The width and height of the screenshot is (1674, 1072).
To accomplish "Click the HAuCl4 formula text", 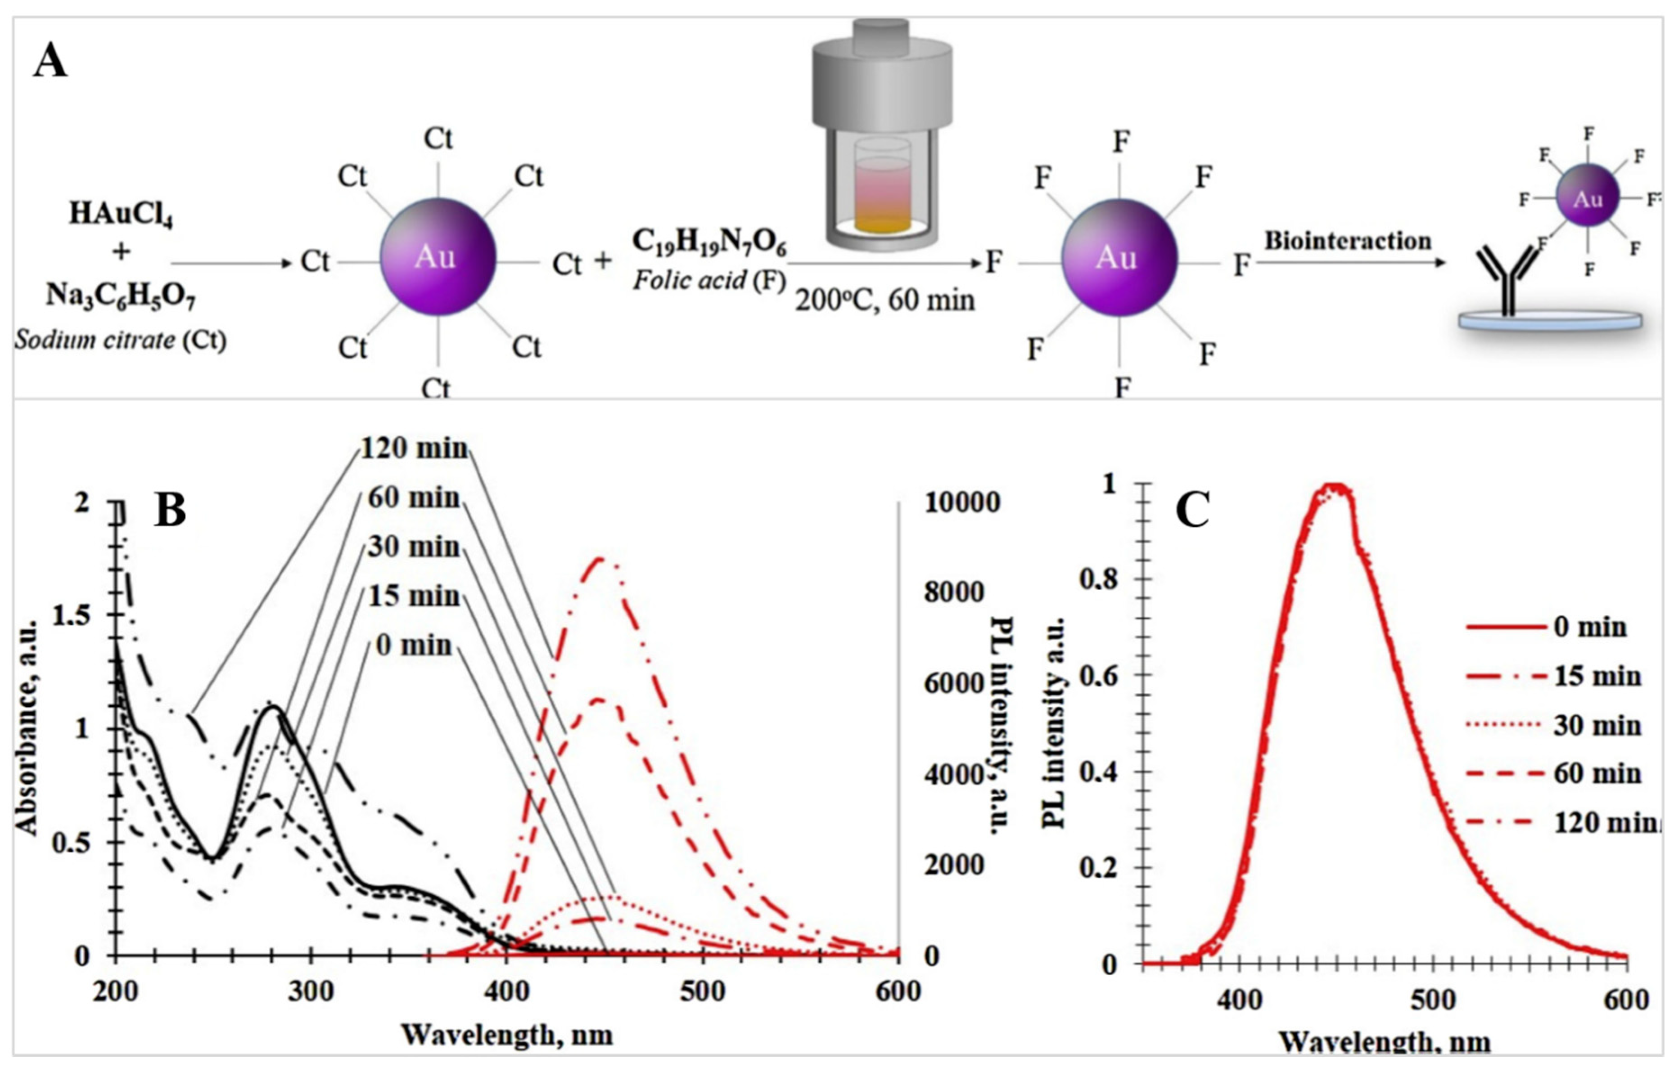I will coord(121,214).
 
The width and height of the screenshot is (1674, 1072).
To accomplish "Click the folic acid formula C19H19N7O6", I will coord(709,242).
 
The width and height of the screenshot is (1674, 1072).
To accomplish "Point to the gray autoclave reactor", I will coord(882,132).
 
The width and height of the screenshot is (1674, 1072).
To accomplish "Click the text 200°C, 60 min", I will coord(884,301).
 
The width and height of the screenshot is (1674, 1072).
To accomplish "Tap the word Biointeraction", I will coord(1347,241).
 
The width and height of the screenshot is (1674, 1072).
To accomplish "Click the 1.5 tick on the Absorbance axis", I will coord(72,616).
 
